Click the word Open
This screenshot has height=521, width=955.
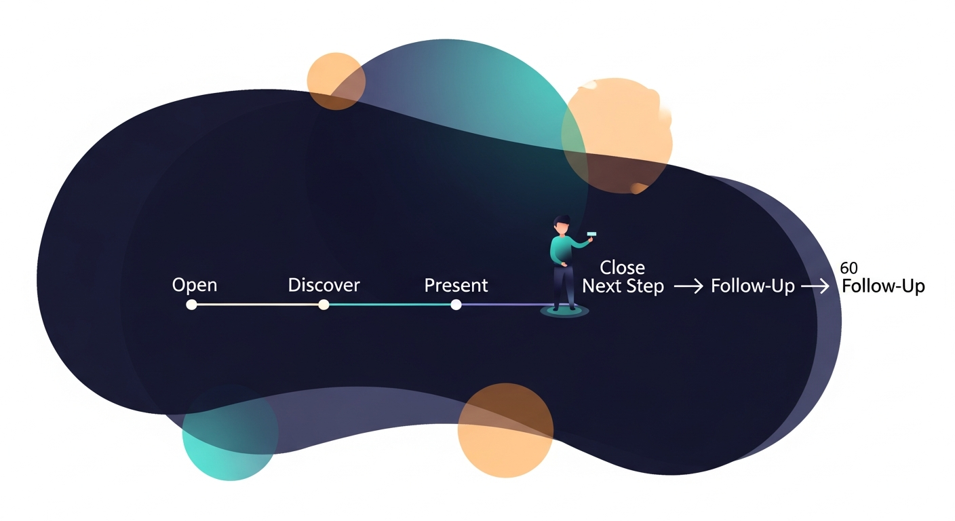(195, 285)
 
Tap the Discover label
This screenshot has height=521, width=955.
(324, 285)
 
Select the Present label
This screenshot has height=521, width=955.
(456, 286)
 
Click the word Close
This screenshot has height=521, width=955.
(622, 267)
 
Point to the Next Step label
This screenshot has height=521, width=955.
(623, 287)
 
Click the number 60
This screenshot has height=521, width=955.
(848, 269)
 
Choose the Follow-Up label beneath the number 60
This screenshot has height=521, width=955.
(883, 287)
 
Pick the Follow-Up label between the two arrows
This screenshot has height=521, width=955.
(752, 287)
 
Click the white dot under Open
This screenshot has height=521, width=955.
(191, 305)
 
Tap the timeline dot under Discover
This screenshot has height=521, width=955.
(324, 305)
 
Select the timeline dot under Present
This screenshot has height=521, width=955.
(456, 305)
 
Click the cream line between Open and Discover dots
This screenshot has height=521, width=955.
(258, 305)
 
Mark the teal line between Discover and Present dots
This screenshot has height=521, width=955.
(390, 305)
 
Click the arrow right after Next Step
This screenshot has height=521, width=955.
(688, 287)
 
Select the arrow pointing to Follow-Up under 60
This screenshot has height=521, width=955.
(815, 287)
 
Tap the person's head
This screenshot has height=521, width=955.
(562, 225)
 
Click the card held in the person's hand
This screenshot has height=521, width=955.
(591, 234)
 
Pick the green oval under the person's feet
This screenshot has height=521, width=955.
(564, 312)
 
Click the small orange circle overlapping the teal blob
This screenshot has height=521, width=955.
(336, 81)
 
